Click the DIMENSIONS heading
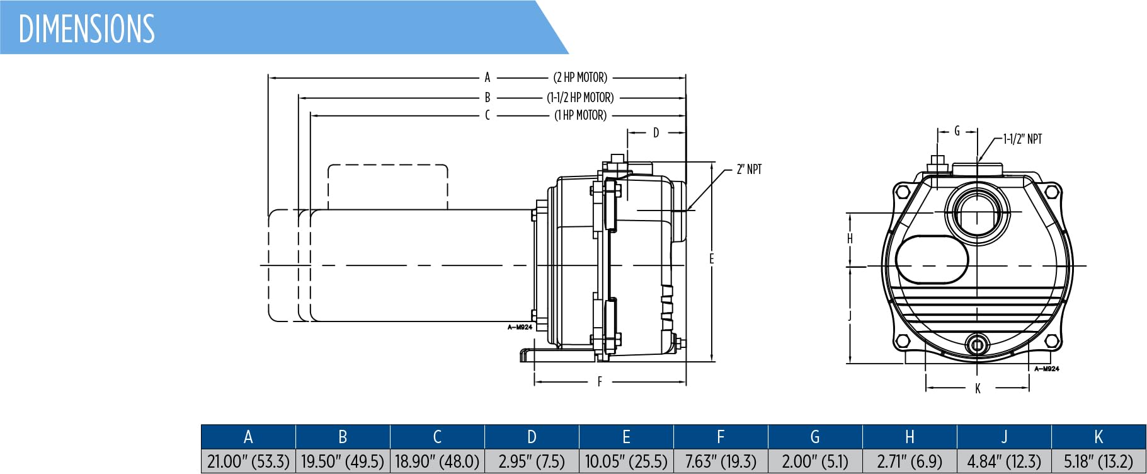coord(87,28)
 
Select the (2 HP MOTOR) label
coord(580,78)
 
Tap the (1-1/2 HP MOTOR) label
coord(580,98)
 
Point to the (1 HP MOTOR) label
coord(580,115)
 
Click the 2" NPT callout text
coord(749,169)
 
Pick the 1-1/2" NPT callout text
coord(1022,139)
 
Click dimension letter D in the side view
coord(656,133)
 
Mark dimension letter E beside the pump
coord(712,258)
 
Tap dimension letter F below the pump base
coord(600,381)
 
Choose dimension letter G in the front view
coord(957,131)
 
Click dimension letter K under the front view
coord(978,389)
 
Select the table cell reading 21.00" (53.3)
coord(248,461)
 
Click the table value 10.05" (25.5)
coord(626,461)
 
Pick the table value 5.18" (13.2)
coord(1098,461)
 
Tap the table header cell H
coord(910,437)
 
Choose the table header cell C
coord(437,437)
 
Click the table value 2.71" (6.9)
coord(910,461)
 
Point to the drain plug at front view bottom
coord(977,345)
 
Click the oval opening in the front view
coord(932,260)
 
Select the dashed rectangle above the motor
coord(387,187)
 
